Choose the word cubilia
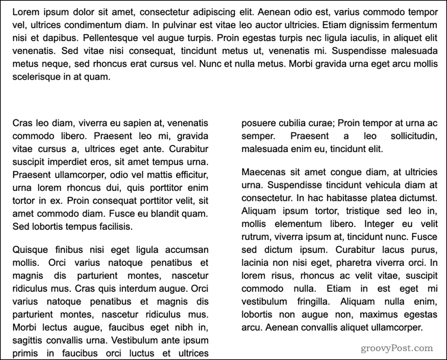[x=298, y=123]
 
